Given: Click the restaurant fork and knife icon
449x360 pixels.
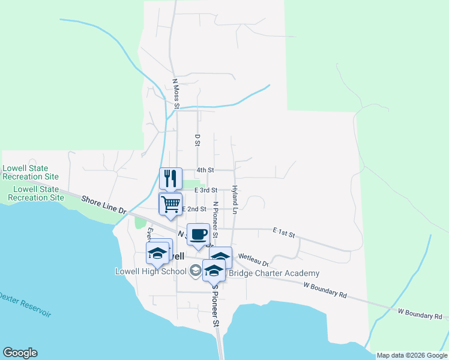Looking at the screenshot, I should (x=170, y=178).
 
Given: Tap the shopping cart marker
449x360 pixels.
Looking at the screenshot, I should (x=170, y=204).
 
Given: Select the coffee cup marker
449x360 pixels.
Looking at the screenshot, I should (x=198, y=234).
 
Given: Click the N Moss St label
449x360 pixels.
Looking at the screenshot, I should (x=176, y=94).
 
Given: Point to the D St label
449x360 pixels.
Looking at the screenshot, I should (x=197, y=140).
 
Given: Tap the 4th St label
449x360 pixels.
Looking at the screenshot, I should (x=206, y=170).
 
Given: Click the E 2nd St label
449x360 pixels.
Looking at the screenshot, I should (x=193, y=209).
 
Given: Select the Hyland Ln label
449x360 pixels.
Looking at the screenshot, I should (x=235, y=200).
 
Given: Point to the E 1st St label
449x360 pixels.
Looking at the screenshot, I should (x=285, y=232).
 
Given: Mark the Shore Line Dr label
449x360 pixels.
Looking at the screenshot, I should (x=104, y=204).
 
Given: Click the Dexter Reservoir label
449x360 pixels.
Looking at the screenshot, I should (x=25, y=305).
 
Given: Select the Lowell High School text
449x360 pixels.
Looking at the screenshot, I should (x=151, y=272).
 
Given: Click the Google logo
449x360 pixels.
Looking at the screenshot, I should (x=20, y=353).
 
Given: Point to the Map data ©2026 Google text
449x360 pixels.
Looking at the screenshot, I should (x=412, y=355).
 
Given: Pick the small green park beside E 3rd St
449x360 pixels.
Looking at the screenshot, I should (x=190, y=184).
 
